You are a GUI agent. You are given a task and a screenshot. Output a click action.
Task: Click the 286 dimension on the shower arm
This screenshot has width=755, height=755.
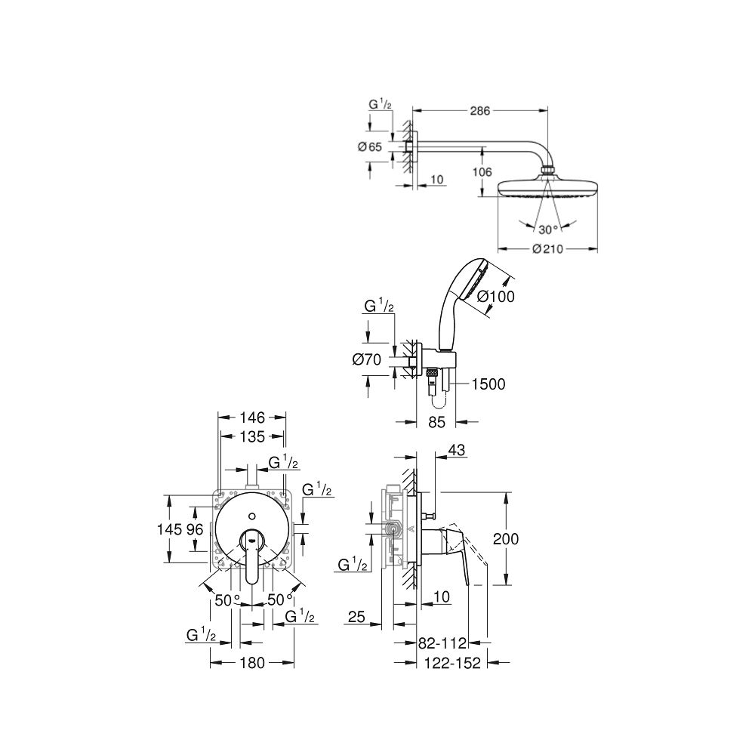coord(480,110)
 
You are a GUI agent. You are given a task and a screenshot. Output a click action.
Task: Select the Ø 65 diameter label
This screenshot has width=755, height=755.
coord(370,146)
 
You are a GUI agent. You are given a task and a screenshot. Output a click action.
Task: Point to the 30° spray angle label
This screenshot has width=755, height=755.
coord(547,229)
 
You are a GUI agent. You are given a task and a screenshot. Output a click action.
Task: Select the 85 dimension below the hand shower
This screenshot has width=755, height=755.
coord(436,423)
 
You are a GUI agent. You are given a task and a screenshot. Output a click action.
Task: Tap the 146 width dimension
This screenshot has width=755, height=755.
coord(251,417)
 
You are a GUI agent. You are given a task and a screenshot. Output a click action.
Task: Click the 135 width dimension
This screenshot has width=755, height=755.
coord(251,436)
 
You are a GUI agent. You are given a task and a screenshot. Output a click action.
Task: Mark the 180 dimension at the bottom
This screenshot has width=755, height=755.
coord(251,663)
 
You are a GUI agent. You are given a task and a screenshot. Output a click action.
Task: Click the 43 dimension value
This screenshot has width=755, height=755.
coord(457,450)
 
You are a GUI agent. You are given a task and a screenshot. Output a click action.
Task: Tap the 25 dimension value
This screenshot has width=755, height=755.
coord(357,618)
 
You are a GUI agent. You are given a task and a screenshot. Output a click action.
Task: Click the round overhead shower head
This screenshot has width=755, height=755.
coord(547,188)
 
